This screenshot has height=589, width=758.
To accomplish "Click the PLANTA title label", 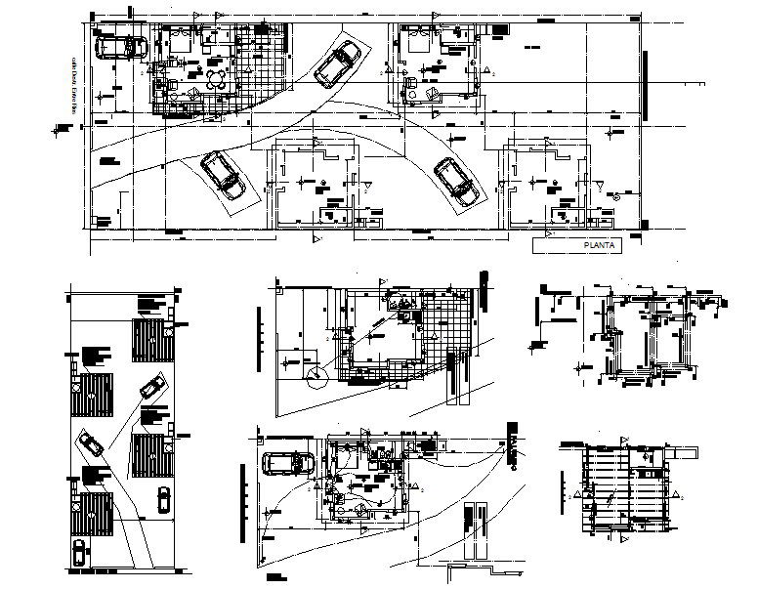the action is [x=597, y=247].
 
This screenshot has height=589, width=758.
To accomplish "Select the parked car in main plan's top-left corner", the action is [x=119, y=46].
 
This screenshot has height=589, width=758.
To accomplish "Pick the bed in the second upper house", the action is [x=418, y=42].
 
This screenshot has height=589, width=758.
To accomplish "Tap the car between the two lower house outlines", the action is [x=456, y=182].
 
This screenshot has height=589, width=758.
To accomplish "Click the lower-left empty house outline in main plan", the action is [x=316, y=186].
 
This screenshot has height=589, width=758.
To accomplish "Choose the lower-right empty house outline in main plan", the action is [x=544, y=186].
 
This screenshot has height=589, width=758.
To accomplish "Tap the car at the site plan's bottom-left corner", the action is [x=77, y=554].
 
